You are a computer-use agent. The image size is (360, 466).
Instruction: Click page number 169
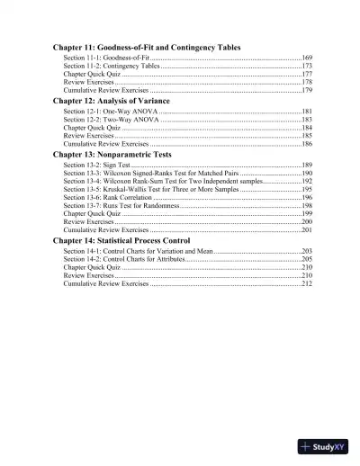pyautogui.click(x=306, y=58)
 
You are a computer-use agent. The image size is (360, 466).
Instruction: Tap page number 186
pyautogui.click(x=306, y=144)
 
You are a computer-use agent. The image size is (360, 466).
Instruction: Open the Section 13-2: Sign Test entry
pyautogui.click(x=97, y=166)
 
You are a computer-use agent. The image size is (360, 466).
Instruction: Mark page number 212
pyautogui.click(x=306, y=283)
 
